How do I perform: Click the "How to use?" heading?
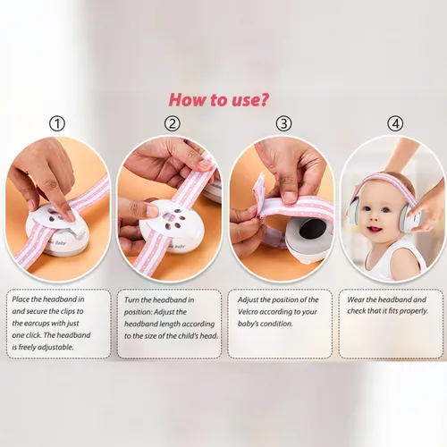coord(218,100)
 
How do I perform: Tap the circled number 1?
coord(57,123)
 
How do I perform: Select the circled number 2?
coord(173,123)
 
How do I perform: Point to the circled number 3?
coord(283,123)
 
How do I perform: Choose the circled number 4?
coord(395,123)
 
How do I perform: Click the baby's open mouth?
coord(375,230)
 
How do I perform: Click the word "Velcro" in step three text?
coord(248,312)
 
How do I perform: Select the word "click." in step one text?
coord(33,335)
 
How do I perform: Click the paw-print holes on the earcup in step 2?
coord(172,221)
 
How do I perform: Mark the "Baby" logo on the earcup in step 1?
coord(59,242)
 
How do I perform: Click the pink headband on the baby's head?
coord(384,182)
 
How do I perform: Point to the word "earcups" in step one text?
coord(37,324)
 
